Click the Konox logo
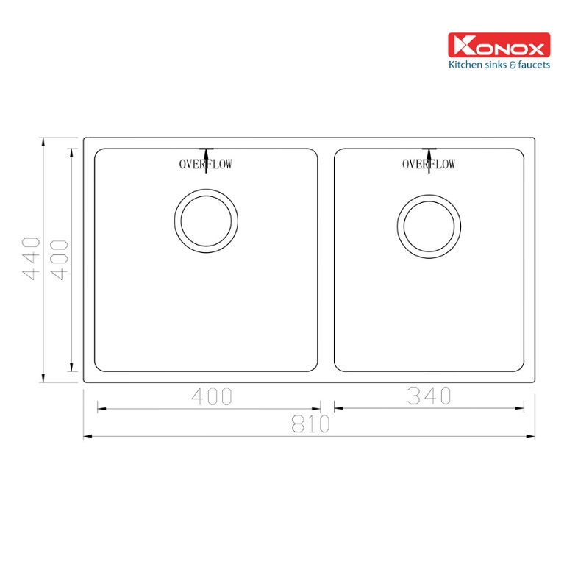[499, 46]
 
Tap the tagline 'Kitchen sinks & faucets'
[499, 65]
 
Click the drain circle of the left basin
[207, 221]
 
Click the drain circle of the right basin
[429, 226]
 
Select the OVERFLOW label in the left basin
[205, 164]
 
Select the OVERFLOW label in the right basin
[428, 164]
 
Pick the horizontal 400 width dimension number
[211, 396]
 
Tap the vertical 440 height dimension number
[31, 259]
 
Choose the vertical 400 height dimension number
[60, 259]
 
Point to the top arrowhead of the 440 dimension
[43, 142]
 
